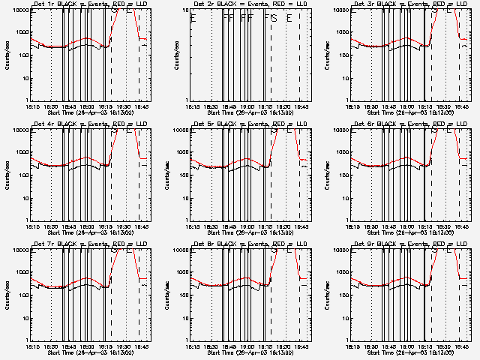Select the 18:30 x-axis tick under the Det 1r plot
[50, 106]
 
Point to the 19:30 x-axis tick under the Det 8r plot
[286, 346]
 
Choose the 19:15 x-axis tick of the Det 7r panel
[106, 346]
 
